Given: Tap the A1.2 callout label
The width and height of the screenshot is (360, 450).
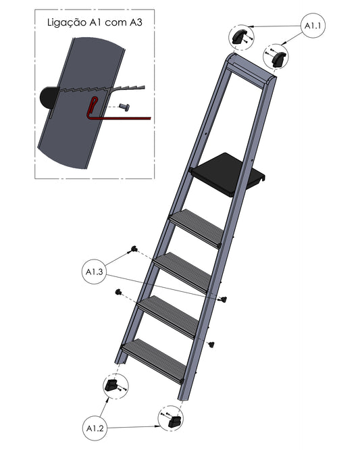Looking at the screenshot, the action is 95,428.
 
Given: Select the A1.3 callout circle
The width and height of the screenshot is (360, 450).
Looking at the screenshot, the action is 95,272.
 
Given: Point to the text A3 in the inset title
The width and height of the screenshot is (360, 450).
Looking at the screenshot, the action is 136,22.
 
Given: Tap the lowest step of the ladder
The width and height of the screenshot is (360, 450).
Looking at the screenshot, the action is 153,361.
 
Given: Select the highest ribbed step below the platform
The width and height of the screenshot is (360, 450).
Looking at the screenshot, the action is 196,228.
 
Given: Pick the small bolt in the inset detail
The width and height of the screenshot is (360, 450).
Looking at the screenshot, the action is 124,107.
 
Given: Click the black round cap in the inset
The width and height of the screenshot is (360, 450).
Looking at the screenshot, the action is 49,97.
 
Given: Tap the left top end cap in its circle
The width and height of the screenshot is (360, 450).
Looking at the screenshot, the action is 238,36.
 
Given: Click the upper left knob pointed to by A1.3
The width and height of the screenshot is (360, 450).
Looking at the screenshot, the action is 133,249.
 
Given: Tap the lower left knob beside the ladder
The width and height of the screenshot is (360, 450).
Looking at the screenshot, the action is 118,292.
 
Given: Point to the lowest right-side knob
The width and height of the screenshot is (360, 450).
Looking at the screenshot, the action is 211,344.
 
